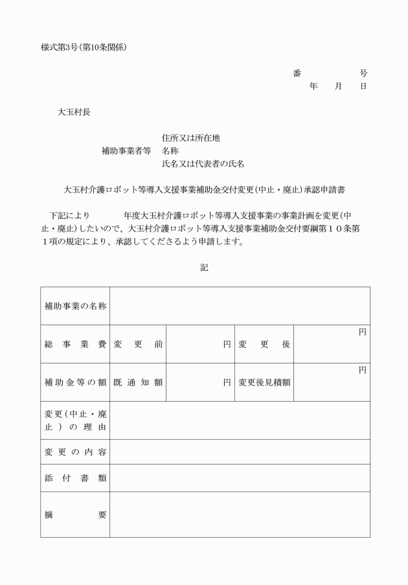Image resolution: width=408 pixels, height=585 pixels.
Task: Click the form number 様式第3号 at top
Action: [62, 48]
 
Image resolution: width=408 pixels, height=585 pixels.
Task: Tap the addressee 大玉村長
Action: [74, 111]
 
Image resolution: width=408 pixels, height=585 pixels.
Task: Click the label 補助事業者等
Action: [126, 151]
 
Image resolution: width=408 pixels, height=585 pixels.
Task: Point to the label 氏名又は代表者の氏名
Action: [203, 164]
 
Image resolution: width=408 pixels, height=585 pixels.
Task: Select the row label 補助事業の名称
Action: [75, 306]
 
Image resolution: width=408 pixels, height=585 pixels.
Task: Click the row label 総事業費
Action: [75, 344]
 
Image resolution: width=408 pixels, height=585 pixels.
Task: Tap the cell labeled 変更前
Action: [138, 344]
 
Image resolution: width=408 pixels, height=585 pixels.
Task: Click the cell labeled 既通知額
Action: [138, 382]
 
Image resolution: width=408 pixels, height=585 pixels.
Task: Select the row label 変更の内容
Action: [75, 452]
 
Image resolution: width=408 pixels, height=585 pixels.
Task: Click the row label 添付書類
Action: [75, 478]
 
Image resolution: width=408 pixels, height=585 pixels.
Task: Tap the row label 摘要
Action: [75, 514]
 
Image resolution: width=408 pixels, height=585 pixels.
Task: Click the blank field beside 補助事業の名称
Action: [240, 306]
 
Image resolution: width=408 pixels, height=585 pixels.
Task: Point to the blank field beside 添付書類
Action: [240, 478]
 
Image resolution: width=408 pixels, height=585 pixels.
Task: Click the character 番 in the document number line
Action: [297, 73]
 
